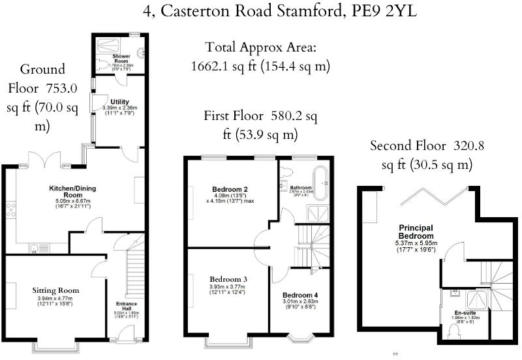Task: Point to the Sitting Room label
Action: pos(55,290)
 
